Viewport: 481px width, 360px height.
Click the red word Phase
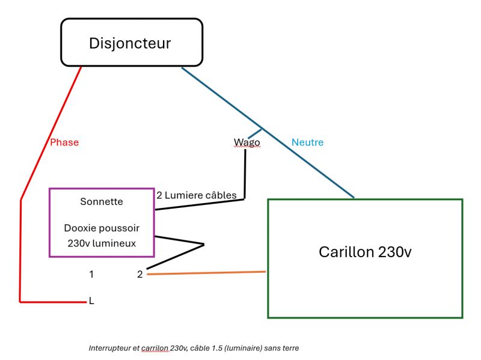(x=64, y=142)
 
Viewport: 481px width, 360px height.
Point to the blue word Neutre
(x=307, y=142)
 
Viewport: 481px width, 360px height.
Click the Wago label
(x=247, y=142)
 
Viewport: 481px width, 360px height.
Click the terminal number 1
(x=91, y=274)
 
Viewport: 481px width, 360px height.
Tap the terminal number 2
(x=139, y=274)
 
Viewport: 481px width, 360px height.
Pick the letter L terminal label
(x=91, y=301)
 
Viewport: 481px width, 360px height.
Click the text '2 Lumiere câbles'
(x=197, y=195)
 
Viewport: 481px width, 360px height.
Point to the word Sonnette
(x=101, y=201)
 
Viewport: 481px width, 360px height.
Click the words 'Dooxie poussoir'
(x=101, y=228)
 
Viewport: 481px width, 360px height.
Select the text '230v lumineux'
(x=101, y=243)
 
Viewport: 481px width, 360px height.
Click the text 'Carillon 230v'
(x=365, y=252)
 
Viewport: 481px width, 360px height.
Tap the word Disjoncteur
(x=130, y=43)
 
